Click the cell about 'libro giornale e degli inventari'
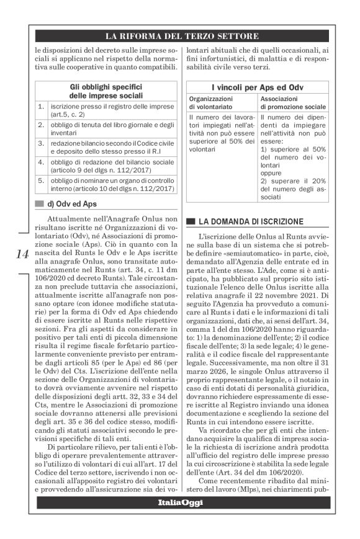(112, 128)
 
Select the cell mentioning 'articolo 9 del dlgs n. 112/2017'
(112, 166)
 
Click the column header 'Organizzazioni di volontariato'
(218, 103)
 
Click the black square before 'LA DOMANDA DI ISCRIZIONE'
(191, 221)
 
